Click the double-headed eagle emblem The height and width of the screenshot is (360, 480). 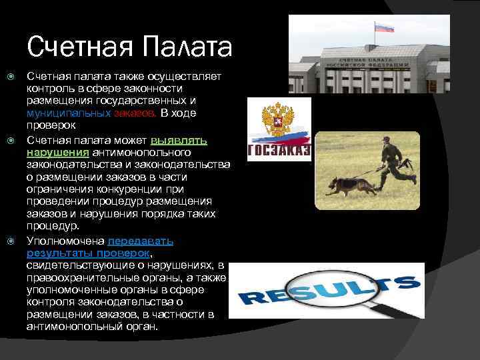276,119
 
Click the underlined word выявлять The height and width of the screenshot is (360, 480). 179,141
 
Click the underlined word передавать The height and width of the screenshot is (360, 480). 141,241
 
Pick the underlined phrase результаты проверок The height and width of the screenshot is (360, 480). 89,253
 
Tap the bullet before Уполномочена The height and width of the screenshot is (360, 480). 10,241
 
